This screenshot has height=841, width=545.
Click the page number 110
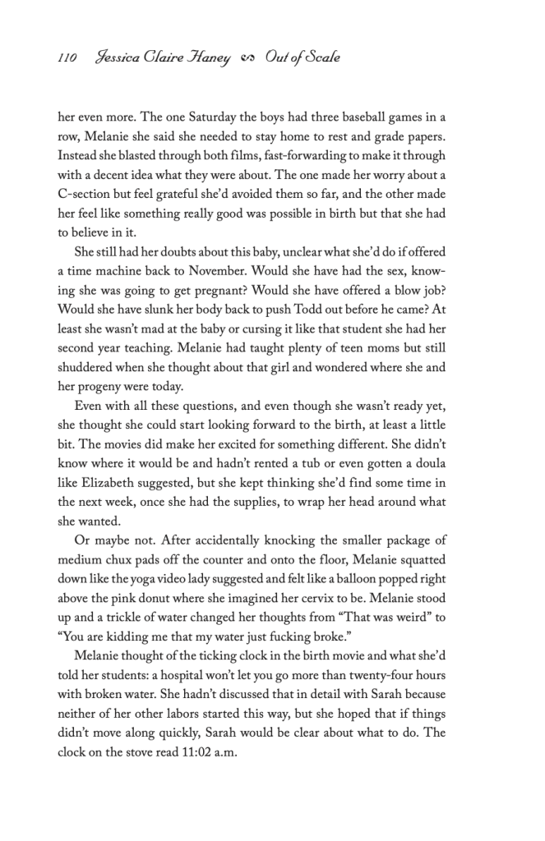coord(67,58)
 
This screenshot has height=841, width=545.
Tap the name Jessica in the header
coord(121,58)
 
